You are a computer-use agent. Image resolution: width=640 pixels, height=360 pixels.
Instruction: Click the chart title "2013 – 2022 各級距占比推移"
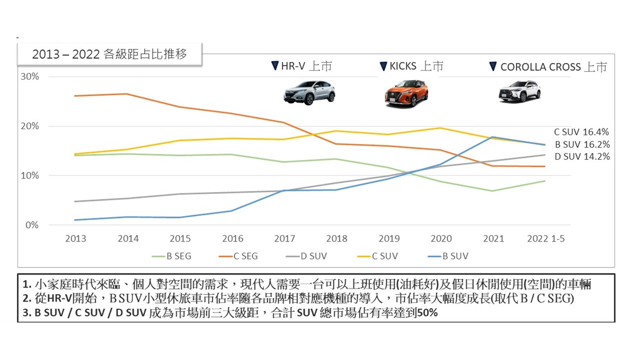tap(109, 54)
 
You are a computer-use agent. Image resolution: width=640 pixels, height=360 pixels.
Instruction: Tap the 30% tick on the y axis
tap(29, 76)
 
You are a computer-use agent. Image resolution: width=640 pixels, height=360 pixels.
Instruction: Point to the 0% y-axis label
tap(31, 225)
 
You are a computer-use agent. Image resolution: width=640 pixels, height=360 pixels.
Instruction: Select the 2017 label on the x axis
tap(284, 238)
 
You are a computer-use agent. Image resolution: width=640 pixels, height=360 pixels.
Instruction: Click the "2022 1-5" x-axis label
tap(546, 238)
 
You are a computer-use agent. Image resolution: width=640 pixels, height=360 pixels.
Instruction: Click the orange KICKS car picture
tap(406, 93)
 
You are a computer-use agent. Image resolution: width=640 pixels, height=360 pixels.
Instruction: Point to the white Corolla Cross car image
tap(519, 91)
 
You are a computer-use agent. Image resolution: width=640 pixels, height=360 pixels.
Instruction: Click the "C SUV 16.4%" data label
tap(581, 132)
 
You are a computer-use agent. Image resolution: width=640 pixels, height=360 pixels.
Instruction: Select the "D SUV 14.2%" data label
tap(581, 156)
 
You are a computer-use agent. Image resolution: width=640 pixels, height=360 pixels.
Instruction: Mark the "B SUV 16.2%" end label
tap(581, 144)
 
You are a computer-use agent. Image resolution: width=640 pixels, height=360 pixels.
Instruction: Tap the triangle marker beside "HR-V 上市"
tap(274, 66)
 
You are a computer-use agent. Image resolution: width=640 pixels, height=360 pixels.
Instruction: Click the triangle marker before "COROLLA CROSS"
tap(492, 66)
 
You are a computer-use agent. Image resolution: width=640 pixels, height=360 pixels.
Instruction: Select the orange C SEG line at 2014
tap(127, 94)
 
